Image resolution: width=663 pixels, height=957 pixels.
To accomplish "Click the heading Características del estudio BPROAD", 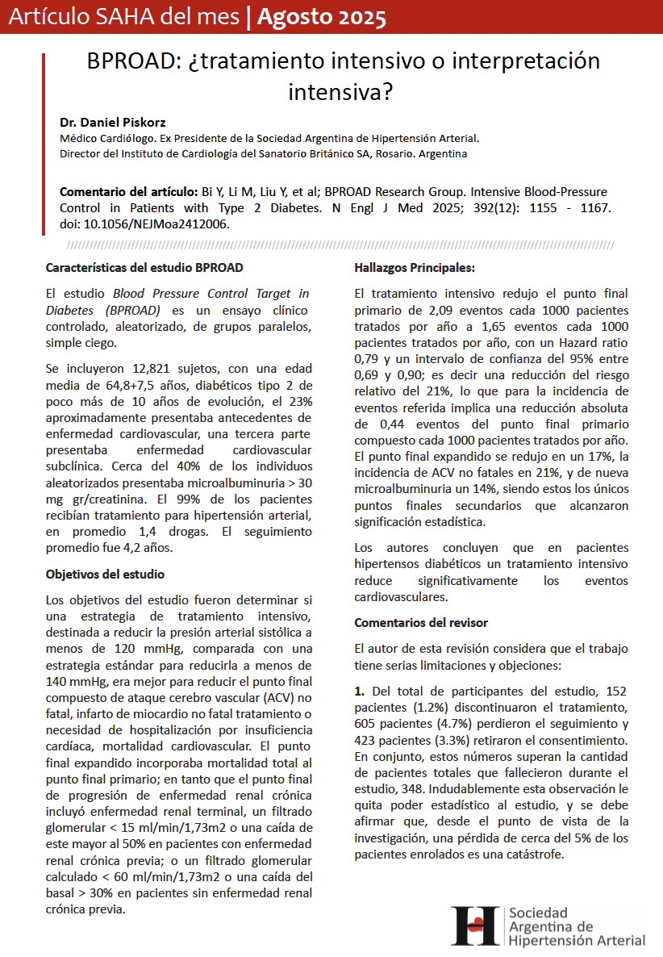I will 144,268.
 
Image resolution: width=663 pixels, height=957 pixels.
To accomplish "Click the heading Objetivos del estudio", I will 105,575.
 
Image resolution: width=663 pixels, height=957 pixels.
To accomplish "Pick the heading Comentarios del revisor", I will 421,623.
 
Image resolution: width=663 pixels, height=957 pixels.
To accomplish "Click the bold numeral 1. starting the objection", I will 361,692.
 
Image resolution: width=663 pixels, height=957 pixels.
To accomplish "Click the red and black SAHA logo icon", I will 476,926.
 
